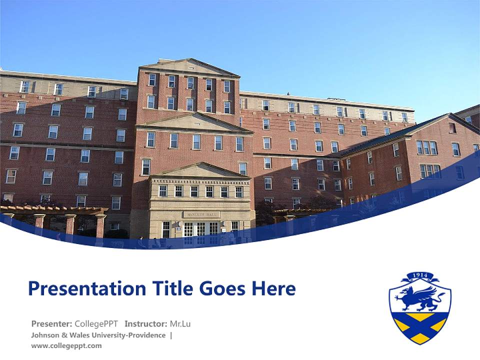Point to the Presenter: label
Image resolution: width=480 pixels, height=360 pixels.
tap(51, 323)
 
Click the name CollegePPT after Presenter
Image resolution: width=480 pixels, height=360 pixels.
tap(96, 323)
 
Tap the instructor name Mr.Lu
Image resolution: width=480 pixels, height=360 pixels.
tap(180, 323)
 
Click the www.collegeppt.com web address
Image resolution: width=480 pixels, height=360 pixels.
tap(66, 345)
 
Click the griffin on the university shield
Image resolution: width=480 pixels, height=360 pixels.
tap(419, 298)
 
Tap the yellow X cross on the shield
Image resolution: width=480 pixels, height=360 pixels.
tap(420, 326)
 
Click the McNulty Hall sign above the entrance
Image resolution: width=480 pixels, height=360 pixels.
tap(201, 214)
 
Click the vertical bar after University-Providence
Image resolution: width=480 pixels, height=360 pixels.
tap(171, 335)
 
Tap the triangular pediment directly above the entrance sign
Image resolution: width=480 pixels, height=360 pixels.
tap(200, 171)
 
